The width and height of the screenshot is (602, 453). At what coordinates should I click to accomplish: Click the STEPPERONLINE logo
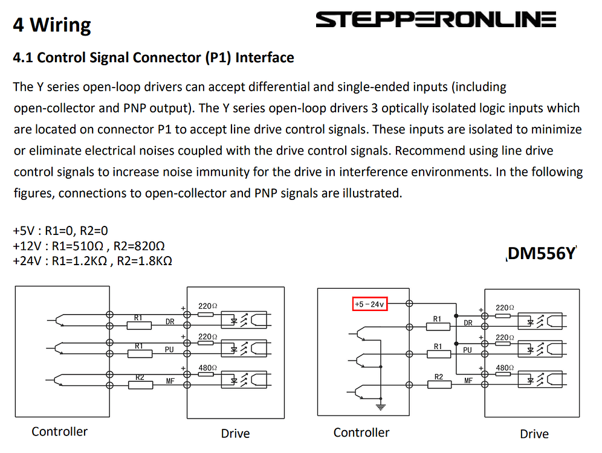pos(436,19)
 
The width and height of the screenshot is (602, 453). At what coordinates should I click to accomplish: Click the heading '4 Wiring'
pos(52,25)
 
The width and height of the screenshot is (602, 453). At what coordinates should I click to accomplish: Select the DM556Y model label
pos(542,253)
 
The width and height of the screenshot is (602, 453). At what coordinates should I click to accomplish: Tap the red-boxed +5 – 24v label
pos(370,304)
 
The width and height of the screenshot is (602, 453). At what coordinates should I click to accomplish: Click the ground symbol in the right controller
pos(380,407)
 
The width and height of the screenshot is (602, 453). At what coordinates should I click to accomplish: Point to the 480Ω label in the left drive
pos(208,367)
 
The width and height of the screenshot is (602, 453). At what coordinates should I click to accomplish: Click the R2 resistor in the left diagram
pos(140,385)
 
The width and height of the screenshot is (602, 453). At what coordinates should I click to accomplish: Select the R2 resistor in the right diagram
pos(439,384)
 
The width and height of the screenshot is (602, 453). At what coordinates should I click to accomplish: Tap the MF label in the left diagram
pos(170,381)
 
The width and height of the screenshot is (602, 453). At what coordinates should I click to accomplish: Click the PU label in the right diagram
pos(467,350)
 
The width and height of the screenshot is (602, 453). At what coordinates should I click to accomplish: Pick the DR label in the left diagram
pos(170,321)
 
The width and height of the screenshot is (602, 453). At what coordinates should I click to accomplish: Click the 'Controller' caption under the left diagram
pos(59,431)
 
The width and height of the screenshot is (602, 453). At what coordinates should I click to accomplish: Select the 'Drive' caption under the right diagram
pos(534,434)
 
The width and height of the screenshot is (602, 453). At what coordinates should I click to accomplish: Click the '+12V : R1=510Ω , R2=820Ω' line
pos(89,246)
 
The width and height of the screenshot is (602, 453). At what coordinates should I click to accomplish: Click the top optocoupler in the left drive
pos(244,320)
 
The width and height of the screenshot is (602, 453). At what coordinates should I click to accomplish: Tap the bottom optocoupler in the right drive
pos(540,380)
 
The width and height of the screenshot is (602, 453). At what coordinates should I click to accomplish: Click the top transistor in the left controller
pos(59,320)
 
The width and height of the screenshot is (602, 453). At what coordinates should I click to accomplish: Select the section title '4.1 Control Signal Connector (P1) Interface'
pos(154,57)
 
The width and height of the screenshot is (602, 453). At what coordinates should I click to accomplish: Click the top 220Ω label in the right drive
pos(505,307)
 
